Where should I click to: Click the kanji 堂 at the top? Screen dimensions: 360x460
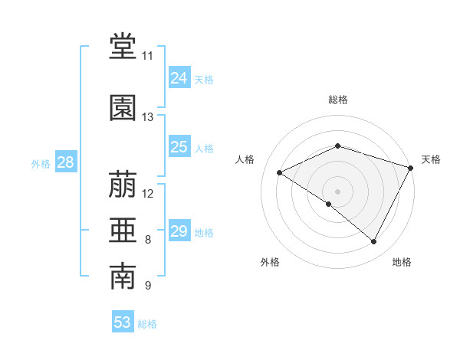pos(123,47)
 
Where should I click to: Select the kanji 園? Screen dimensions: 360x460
pos(123,108)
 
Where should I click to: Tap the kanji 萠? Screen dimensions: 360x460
pos(123,185)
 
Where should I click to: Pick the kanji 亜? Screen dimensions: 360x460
pos(123,231)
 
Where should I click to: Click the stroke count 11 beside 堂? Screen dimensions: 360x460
pos(147,56)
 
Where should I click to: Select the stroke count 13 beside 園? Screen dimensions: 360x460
pos(147,117)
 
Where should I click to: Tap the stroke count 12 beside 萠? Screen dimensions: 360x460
pos(148,193)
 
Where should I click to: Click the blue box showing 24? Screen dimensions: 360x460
pos(179,78)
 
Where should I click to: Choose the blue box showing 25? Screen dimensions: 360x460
pos(179,147)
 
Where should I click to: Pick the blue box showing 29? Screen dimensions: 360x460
pos(179,231)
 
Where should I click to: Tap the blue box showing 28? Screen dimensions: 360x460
pos(65,162)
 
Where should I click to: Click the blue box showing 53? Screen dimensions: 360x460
pos(123,322)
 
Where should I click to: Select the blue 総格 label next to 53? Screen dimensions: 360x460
pos(148,324)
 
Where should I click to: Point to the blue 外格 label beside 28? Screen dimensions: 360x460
pos(41,163)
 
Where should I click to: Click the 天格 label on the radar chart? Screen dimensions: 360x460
pos(431,159)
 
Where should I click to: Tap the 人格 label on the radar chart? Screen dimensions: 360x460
pos(245,159)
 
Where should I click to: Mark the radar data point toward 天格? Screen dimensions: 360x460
pos(412,167)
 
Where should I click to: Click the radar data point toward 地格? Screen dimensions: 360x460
pos(374,242)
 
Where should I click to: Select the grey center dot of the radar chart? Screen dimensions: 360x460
pos(337,191)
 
